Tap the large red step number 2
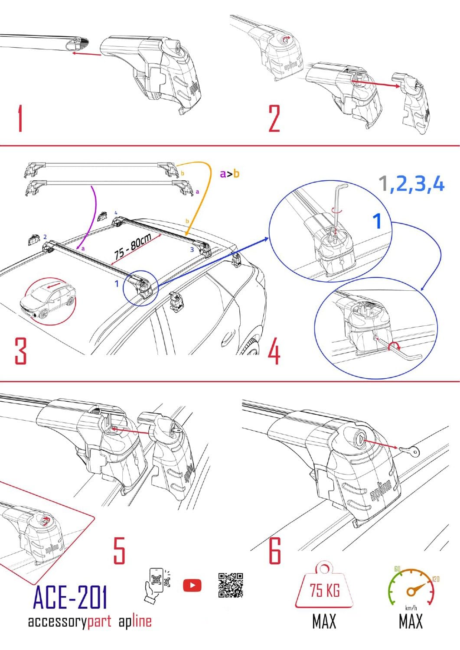pyautogui.click(x=274, y=118)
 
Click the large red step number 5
pyautogui.click(x=119, y=550)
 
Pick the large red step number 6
pyautogui.click(x=275, y=550)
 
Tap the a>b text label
pyautogui.click(x=229, y=174)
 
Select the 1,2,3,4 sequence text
pyautogui.click(x=412, y=184)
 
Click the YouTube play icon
pyautogui.click(x=192, y=586)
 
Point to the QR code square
pyautogui.click(x=231, y=585)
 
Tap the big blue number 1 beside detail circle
pyautogui.click(x=378, y=221)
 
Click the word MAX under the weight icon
pyautogui.click(x=324, y=622)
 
